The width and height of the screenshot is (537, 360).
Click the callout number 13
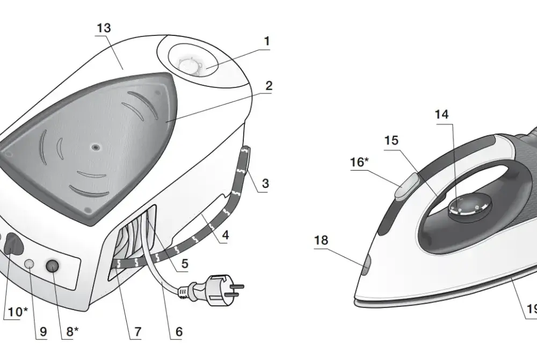104,28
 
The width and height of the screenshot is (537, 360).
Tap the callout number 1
267,41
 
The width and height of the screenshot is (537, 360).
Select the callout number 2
269,85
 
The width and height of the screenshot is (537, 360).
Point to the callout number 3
265,183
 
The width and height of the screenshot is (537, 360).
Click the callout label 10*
16,312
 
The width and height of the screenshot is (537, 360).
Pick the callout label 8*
72,331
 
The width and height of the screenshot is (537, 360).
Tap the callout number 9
43,332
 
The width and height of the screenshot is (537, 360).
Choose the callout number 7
137,332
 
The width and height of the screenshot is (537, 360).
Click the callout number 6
179,332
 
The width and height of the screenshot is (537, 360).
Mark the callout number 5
185,263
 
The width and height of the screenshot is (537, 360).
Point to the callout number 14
441,114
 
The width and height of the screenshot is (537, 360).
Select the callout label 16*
359,162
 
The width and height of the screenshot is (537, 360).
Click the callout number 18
321,240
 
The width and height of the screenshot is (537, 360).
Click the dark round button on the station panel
53,266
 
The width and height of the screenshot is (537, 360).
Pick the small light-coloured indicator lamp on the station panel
30,263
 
